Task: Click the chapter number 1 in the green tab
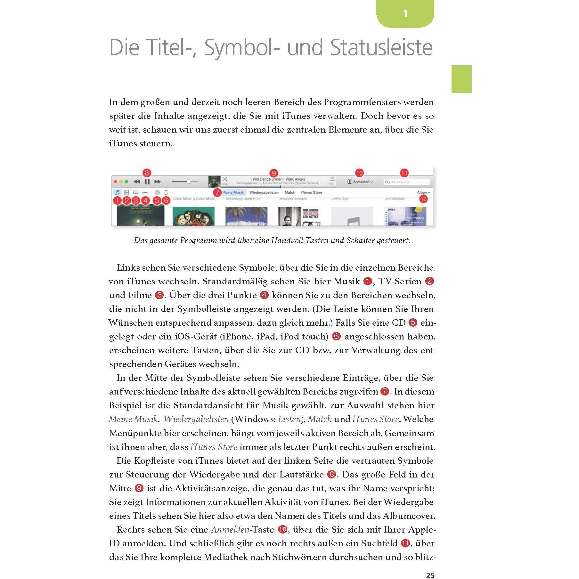pos(405,13)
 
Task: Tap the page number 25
pos(430,575)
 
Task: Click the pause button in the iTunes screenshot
pos(147,182)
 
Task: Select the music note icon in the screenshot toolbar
pos(118,192)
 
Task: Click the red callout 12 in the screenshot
pos(423,199)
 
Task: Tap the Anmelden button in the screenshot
pos(360,182)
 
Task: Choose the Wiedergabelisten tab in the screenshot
pos(264,192)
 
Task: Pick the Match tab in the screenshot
pos(290,192)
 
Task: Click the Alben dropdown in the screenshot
pos(423,192)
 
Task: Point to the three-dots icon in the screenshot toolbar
pos(145,192)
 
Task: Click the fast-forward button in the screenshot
pos(157,182)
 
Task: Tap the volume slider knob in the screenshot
pos(189,182)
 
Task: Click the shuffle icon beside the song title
pos(225,179)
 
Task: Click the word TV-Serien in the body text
pos(400,281)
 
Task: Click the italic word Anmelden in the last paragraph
pos(230,530)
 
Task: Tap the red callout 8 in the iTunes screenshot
pos(147,173)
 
